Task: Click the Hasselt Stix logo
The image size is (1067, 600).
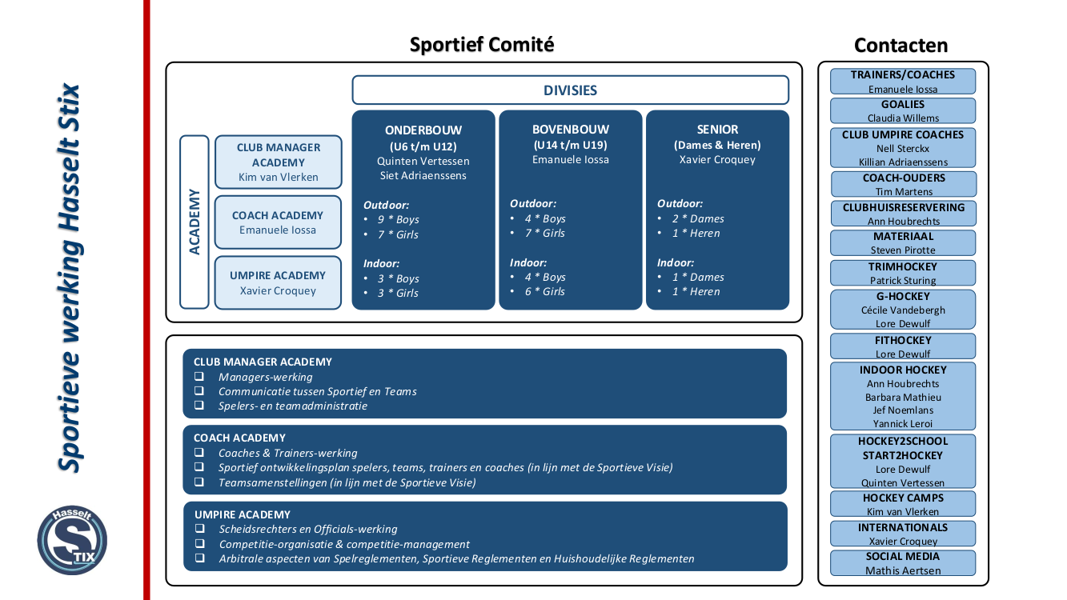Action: pos(72,540)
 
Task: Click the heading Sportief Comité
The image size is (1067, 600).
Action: pos(481,45)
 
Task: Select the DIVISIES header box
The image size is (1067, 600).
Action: pos(570,90)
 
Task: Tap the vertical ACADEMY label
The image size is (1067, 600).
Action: pos(195,222)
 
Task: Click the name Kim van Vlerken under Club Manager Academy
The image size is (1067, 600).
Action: pos(278,178)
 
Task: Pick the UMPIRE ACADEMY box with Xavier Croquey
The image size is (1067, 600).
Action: pos(278,282)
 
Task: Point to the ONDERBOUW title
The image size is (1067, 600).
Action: pos(423,130)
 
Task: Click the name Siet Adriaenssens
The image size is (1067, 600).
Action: pos(423,175)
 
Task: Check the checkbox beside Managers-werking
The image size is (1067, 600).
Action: pos(199,377)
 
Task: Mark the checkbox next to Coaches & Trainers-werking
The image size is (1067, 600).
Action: pos(199,453)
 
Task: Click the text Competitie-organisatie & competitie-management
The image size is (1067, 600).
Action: pos(344,544)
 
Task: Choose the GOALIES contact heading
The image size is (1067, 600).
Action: pos(902,104)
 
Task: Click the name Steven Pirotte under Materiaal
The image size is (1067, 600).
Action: pos(903,250)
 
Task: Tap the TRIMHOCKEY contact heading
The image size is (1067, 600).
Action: pos(902,266)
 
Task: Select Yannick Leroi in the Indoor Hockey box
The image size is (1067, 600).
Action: pos(903,424)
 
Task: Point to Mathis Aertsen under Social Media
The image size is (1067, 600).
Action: pos(903,570)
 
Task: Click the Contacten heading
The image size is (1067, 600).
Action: pos(901,46)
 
